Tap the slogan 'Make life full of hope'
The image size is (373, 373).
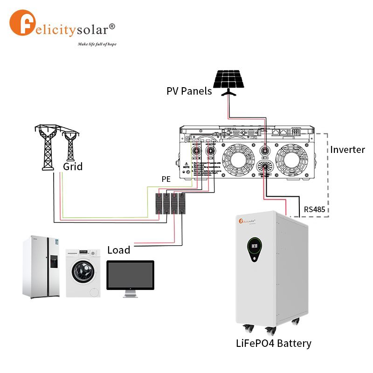[x=97, y=44]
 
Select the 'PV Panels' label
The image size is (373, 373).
[x=189, y=91]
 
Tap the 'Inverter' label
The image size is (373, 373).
[x=347, y=150]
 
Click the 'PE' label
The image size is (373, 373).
[x=166, y=179]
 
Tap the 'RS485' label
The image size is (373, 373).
[x=315, y=209]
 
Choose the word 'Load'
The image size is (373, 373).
[x=118, y=250]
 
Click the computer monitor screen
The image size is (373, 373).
[x=130, y=275]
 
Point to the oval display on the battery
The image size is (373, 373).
[x=254, y=247]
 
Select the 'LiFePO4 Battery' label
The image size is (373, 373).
[x=273, y=344]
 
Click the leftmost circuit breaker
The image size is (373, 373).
[x=159, y=204]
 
